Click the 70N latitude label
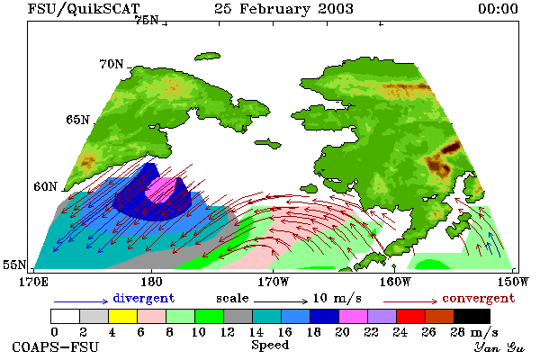[112, 64]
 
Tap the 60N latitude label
[45, 186]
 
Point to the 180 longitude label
[151, 282]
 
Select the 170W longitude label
[273, 282]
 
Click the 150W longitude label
[513, 282]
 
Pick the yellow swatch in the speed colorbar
[123, 316]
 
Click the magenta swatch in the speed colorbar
[354, 316]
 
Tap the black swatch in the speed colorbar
[472, 316]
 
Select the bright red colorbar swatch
[411, 316]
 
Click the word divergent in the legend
[144, 298]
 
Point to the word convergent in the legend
[479, 298]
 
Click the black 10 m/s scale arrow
[281, 301]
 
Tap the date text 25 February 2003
[283, 9]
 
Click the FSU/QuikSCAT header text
[84, 9]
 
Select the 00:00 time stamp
[498, 9]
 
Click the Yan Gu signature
[499, 347]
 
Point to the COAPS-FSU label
[55, 346]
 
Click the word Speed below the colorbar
[270, 346]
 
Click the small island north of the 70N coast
[207, 57]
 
